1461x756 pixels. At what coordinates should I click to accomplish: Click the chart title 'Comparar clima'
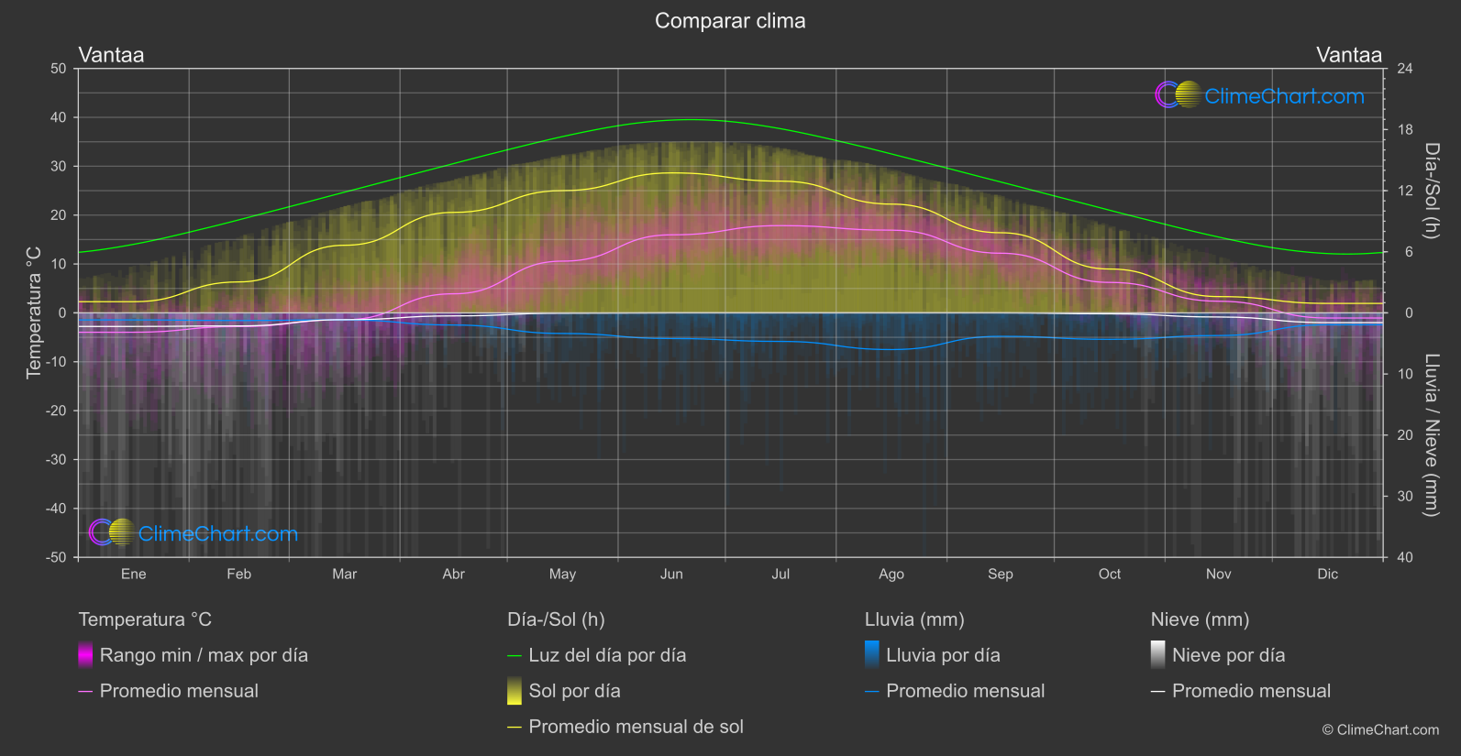click(x=730, y=21)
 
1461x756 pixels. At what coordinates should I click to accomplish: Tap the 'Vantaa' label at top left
click(x=111, y=55)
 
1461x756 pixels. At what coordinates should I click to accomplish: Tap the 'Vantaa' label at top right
click(x=1348, y=55)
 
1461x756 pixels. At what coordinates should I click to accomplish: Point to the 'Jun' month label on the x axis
click(x=671, y=575)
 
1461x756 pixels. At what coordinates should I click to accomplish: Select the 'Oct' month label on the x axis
click(x=1109, y=575)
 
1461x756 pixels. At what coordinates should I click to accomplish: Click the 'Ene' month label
click(x=134, y=575)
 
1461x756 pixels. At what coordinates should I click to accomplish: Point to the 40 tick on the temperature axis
click(x=58, y=117)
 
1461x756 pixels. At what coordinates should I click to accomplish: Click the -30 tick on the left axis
click(x=56, y=460)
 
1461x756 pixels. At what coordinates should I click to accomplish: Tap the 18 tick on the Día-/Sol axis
click(x=1405, y=130)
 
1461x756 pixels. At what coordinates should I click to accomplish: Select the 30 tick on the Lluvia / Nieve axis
click(x=1405, y=497)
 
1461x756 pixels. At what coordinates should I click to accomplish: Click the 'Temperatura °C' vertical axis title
click(x=34, y=312)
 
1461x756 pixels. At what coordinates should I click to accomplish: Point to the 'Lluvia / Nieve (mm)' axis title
click(x=1432, y=435)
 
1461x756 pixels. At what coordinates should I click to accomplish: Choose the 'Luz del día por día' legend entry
click(x=606, y=655)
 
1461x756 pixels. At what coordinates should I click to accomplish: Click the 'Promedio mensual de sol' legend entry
click(x=636, y=727)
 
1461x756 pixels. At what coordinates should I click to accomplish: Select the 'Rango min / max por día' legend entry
click(x=204, y=655)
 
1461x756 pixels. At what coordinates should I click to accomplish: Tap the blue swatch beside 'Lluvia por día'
click(x=872, y=655)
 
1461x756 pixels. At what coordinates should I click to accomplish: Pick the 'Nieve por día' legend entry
click(x=1228, y=655)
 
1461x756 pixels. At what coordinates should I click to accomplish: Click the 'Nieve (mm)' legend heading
click(x=1200, y=619)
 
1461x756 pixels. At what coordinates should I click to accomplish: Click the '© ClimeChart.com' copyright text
click(x=1380, y=730)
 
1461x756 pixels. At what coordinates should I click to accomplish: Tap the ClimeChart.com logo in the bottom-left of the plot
click(x=194, y=533)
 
